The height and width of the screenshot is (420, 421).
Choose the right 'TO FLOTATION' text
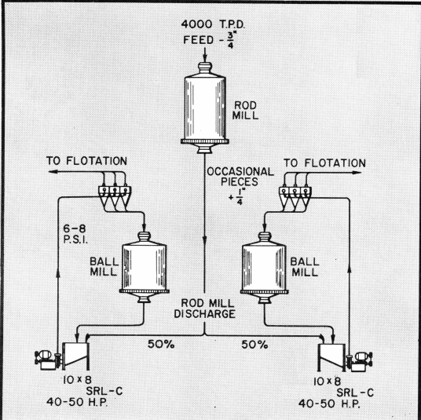(x=324, y=163)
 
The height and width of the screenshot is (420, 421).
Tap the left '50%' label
(x=163, y=344)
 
